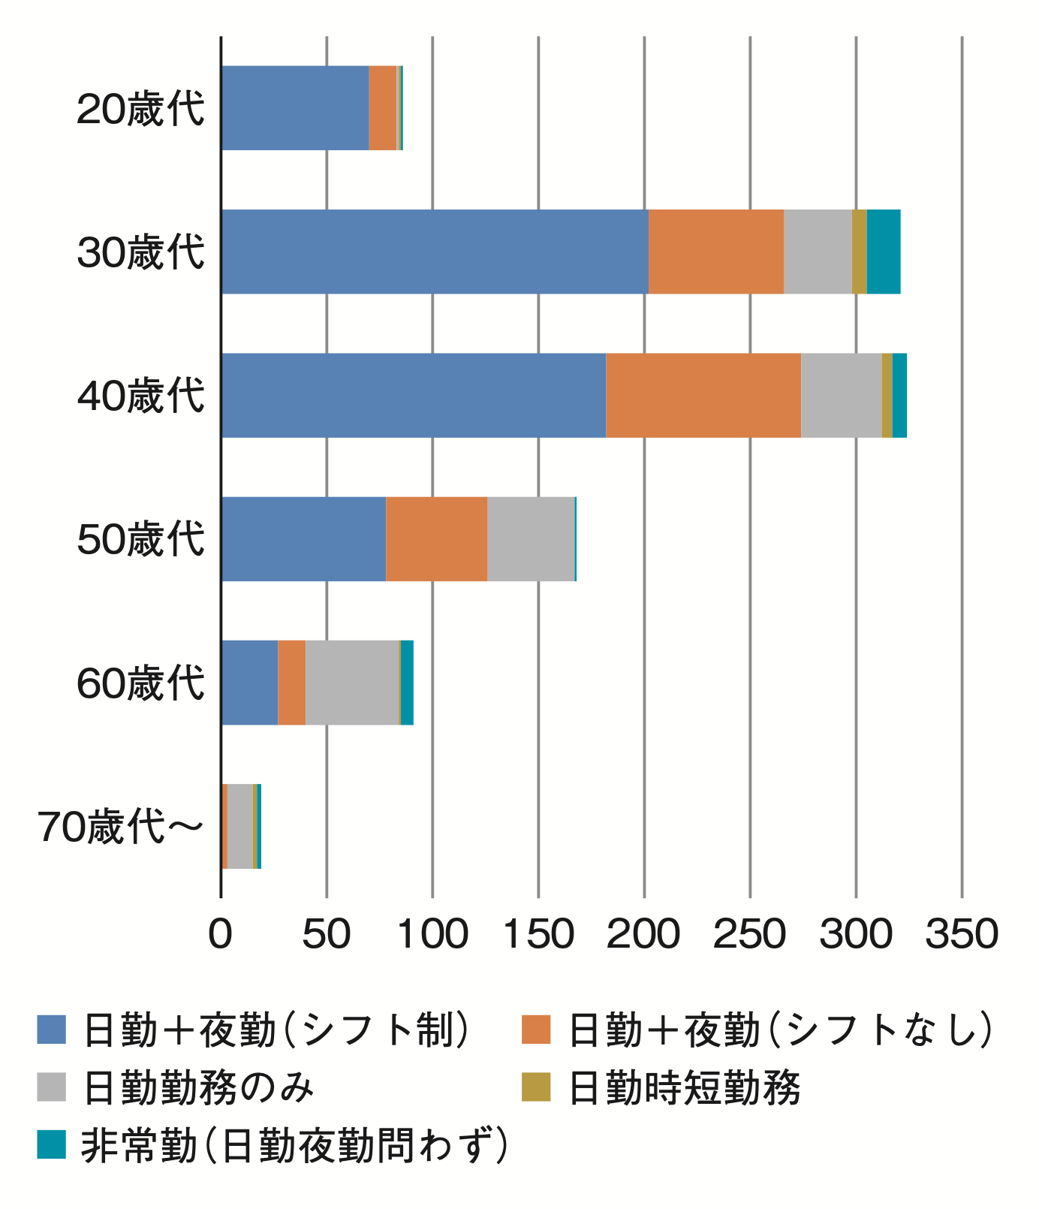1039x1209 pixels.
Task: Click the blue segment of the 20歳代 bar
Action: pyautogui.click(x=295, y=108)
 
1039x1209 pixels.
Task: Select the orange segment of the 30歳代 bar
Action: pyautogui.click(x=715, y=252)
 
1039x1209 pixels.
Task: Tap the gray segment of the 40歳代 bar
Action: pyautogui.click(x=841, y=395)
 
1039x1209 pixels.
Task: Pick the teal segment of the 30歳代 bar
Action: pyautogui.click(x=883, y=252)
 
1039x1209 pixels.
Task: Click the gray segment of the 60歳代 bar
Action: pyautogui.click(x=352, y=683)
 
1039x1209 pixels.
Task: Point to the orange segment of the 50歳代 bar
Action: pyautogui.click(x=436, y=538)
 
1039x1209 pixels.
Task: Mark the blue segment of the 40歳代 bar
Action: pyautogui.click(x=414, y=395)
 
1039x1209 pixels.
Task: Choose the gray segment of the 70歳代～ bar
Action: pyautogui.click(x=239, y=826)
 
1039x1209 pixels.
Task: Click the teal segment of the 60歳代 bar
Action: pyautogui.click(x=407, y=683)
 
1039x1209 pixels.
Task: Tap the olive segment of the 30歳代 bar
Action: pyautogui.click(x=859, y=252)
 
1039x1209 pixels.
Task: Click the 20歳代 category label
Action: pyautogui.click(x=140, y=110)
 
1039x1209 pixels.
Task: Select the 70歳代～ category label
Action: pyautogui.click(x=120, y=828)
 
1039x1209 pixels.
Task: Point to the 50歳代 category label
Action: pyautogui.click(x=140, y=540)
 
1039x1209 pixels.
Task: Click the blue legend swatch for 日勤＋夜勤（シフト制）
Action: pyautogui.click(x=52, y=1030)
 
